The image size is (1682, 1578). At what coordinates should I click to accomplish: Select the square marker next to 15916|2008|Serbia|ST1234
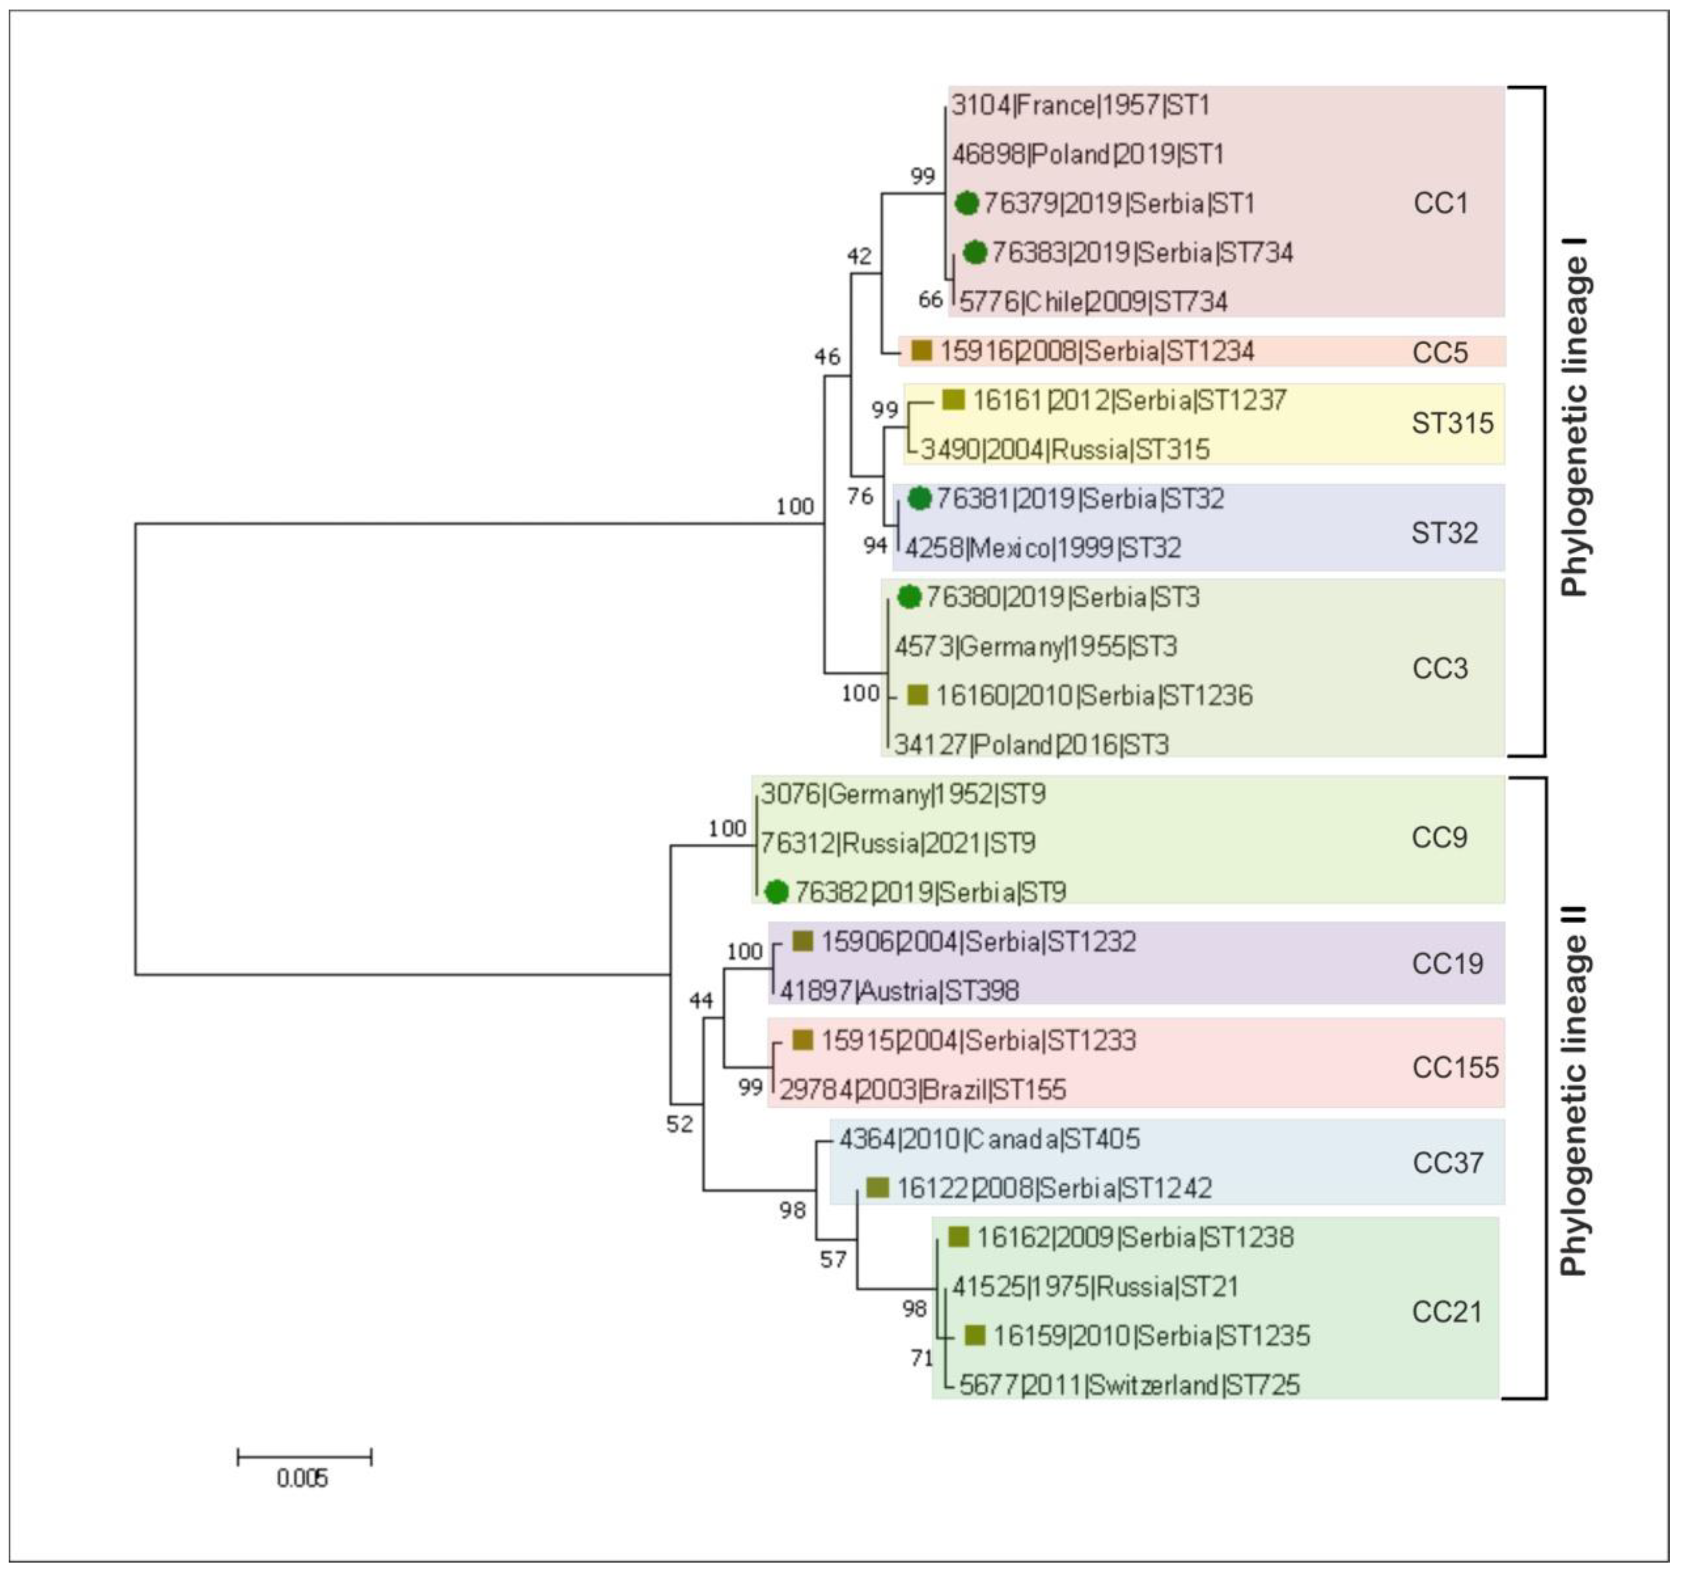[921, 350]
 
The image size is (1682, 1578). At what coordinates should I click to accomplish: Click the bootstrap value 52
[679, 1123]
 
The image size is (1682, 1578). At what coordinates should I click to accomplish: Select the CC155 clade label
[1455, 1068]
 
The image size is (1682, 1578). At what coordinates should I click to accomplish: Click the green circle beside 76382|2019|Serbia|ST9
[777, 892]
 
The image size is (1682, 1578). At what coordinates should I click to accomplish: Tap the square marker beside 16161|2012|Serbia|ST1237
[954, 399]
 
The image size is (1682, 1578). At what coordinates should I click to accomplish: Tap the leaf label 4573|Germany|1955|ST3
[1036, 647]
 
